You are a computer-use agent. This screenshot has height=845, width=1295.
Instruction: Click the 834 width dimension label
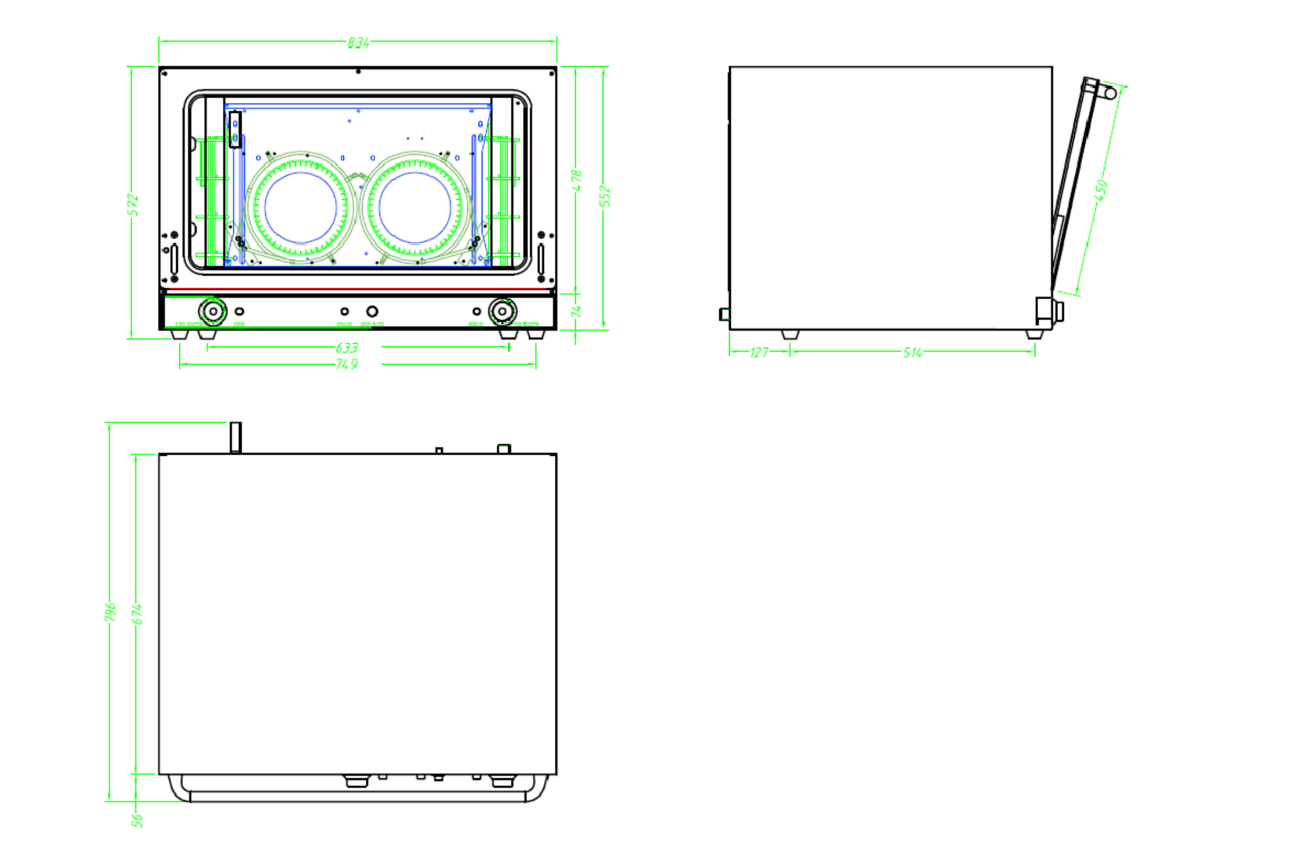click(358, 43)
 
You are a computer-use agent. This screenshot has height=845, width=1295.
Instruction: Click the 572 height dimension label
click(133, 205)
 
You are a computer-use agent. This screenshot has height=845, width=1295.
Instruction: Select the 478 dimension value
click(577, 181)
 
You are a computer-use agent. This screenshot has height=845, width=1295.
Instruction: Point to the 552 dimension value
click(605, 196)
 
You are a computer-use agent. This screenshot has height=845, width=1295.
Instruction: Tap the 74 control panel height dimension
click(577, 311)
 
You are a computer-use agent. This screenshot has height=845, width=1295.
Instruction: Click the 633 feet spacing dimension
click(347, 348)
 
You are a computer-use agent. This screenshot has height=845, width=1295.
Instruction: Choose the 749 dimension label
click(347, 365)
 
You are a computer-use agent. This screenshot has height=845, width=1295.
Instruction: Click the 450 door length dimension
click(1101, 190)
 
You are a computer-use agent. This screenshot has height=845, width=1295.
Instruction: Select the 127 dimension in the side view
click(759, 352)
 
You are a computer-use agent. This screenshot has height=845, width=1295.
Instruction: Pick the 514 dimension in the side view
click(912, 352)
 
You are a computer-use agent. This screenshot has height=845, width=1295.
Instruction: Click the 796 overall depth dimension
click(111, 612)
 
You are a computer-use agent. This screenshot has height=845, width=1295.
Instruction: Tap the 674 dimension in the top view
click(137, 614)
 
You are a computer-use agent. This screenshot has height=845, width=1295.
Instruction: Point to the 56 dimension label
click(137, 820)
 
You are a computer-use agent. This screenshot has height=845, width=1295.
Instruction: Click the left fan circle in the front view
click(300, 207)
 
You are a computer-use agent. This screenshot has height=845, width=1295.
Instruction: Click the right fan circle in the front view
click(415, 207)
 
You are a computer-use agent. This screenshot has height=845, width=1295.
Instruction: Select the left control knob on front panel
click(212, 311)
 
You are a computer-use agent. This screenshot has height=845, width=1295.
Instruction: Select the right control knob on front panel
click(502, 311)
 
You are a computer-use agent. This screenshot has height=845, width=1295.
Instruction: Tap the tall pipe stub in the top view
click(236, 437)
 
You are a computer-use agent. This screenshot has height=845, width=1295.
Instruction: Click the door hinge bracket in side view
click(1048, 311)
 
